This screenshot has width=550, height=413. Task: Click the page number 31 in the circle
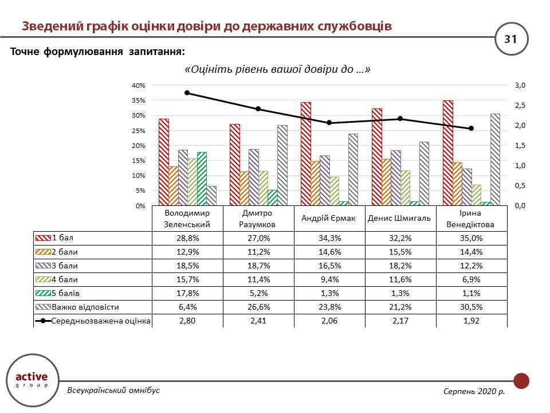tap(510, 39)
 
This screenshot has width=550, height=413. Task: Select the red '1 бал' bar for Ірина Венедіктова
tap(447, 153)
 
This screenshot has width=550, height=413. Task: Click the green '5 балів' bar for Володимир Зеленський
tap(202, 178)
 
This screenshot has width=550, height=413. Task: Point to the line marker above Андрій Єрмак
tap(329, 123)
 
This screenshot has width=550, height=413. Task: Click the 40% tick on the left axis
tap(139, 85)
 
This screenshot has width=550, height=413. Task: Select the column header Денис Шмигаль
tap(400, 218)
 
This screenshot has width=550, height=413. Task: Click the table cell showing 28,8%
tap(187, 237)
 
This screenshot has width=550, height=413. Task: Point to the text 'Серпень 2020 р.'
tap(474, 391)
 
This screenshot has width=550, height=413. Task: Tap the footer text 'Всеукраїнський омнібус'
tap(113, 391)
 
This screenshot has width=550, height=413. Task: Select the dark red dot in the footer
tap(521, 381)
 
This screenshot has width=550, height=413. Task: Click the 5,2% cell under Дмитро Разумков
tap(258, 294)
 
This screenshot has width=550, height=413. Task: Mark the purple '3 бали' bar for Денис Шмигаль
tap(395, 178)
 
